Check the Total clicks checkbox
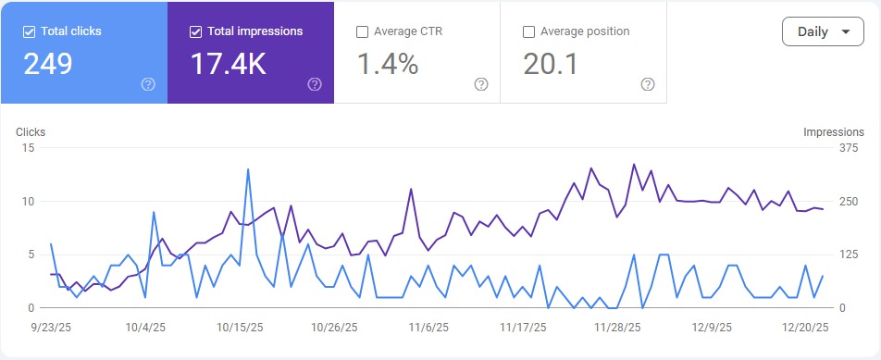(29, 31)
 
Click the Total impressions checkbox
(195, 31)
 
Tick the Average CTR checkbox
(362, 31)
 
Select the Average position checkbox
(528, 31)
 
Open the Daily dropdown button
(822, 31)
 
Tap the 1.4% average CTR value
(387, 64)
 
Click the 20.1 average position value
(552, 64)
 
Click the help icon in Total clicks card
(148, 84)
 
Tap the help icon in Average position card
(648, 84)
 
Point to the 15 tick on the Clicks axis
(28, 148)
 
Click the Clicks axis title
(31, 132)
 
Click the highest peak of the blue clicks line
(248, 169)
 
